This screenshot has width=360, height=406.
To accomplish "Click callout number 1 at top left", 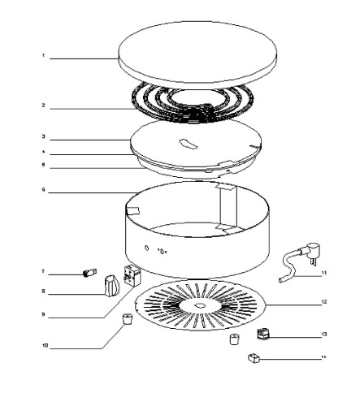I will point(42,56).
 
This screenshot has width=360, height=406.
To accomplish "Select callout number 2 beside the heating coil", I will point(42,106).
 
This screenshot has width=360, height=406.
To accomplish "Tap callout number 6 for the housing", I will point(42,192).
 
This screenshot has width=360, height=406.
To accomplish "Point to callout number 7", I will point(42,272).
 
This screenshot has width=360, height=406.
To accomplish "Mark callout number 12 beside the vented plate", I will point(323,302).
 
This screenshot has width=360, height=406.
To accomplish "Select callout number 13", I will point(323,334).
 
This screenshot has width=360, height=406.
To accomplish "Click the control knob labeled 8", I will point(112,285).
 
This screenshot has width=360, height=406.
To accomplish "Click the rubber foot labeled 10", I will point(126,317).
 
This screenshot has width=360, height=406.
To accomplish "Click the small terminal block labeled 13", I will point(262,333).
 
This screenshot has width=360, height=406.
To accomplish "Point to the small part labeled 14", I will point(253,356).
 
